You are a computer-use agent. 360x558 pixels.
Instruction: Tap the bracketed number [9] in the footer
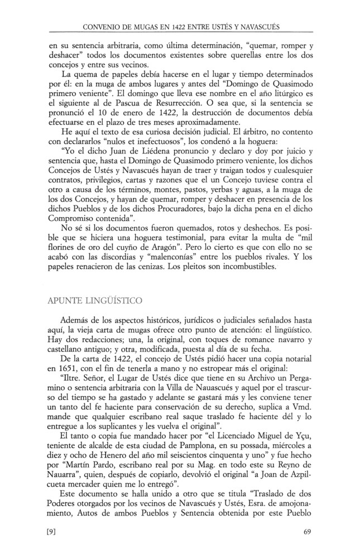[x=54, y=531]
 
